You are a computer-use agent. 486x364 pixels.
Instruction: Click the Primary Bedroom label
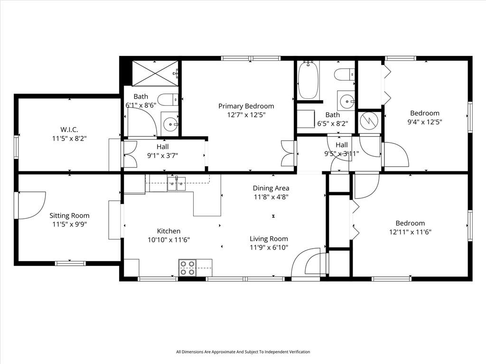pyautogui.click(x=246, y=106)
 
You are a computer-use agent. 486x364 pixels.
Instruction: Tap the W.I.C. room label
pyautogui.click(x=69, y=130)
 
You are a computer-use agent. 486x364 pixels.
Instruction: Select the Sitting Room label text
pyautogui.click(x=69, y=215)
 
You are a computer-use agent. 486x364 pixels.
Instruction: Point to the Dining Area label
pyautogui.click(x=271, y=188)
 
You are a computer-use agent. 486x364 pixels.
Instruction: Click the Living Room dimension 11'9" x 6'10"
pyautogui.click(x=269, y=247)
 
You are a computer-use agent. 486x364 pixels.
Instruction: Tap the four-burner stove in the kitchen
pyautogui.click(x=187, y=268)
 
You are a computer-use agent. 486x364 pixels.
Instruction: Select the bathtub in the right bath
pyautogui.click(x=308, y=80)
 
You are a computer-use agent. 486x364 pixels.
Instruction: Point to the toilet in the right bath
pyautogui.click(x=345, y=75)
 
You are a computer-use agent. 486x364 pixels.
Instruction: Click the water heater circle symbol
pyautogui.click(x=369, y=121)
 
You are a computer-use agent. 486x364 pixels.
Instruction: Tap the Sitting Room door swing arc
pyautogui.click(x=32, y=205)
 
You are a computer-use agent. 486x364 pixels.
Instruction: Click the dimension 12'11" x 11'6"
pyautogui.click(x=411, y=232)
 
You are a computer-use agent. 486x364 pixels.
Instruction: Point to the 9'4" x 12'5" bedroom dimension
pyautogui.click(x=425, y=122)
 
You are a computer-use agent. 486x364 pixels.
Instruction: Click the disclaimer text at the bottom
pyautogui.click(x=243, y=352)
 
